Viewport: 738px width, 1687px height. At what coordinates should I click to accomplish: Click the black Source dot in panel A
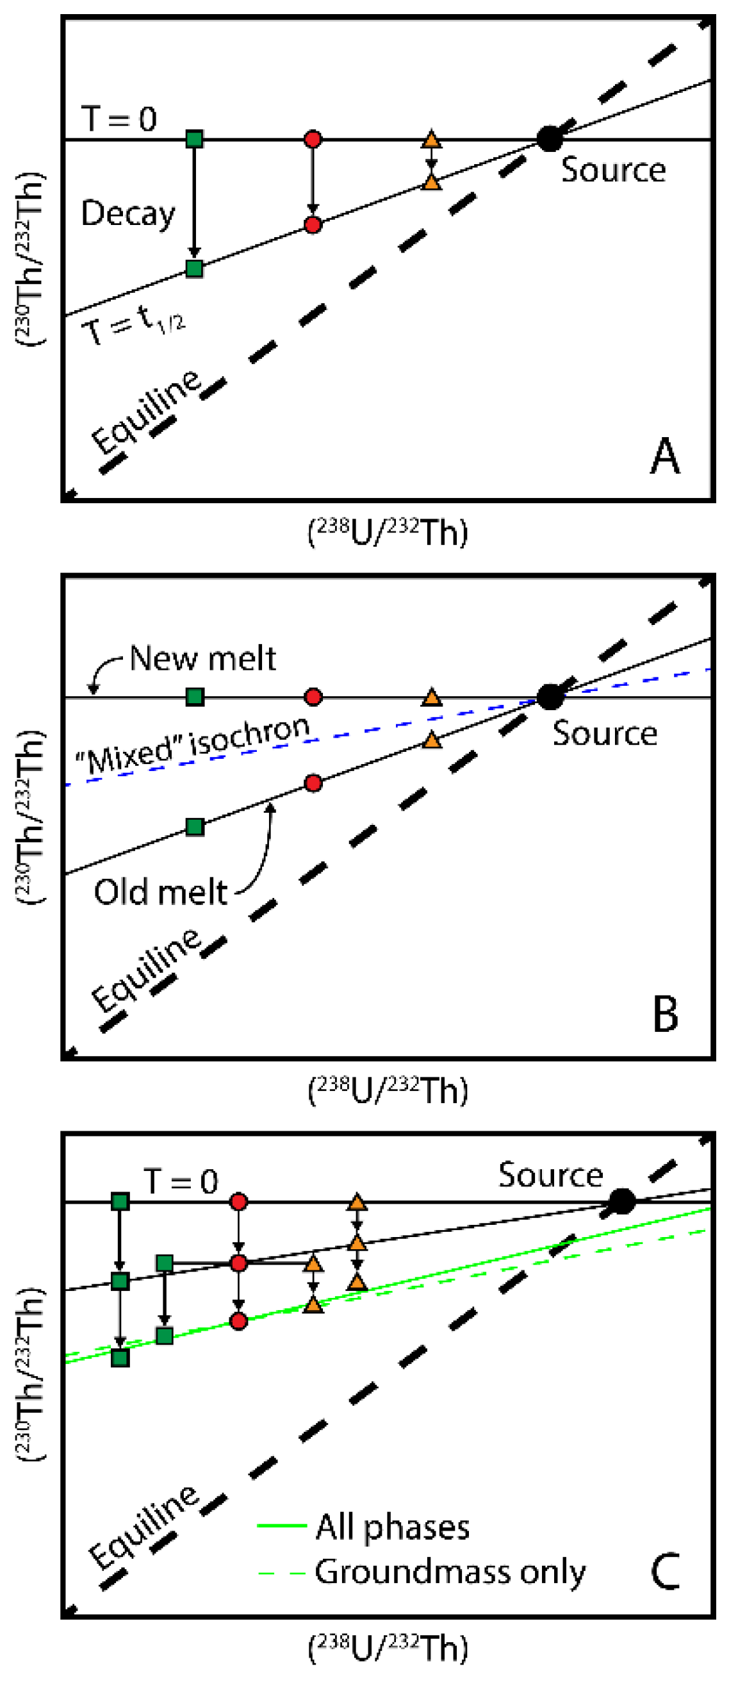point(549,138)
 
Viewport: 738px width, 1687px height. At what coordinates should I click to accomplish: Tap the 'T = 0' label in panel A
point(119,119)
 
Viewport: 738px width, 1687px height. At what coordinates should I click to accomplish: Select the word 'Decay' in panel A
point(128,213)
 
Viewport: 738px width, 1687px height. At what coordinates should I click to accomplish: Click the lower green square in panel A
point(194,269)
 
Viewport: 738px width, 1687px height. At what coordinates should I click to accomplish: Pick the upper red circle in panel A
point(313,139)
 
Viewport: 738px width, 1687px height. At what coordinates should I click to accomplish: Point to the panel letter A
point(665,456)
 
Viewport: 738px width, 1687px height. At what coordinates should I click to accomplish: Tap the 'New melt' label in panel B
point(202,658)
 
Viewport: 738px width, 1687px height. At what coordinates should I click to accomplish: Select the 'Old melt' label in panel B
point(160,892)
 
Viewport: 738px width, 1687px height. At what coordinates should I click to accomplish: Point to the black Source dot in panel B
point(550,697)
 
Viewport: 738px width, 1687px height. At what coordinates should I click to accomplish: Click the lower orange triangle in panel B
point(431,741)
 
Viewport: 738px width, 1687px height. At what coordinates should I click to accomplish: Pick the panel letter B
point(665,1015)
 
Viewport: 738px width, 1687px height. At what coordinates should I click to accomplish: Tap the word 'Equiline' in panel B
point(147,971)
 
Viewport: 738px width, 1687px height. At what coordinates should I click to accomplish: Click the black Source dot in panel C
point(621,1202)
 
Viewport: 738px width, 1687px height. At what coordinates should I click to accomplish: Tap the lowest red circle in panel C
point(239,1322)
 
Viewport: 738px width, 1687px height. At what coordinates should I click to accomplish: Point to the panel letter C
point(665,1572)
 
